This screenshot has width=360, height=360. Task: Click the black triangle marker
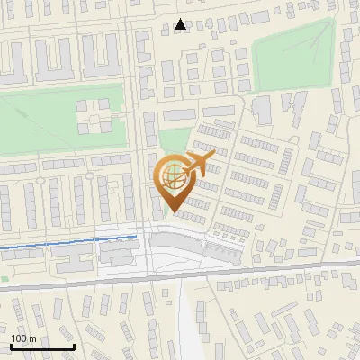click(181, 25)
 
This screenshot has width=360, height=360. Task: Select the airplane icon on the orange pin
click(199, 164)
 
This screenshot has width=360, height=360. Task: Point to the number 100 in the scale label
click(19, 338)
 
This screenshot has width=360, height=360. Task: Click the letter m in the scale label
click(32, 338)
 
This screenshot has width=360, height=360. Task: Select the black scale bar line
click(41, 347)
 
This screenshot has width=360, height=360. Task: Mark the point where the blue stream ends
click(137, 237)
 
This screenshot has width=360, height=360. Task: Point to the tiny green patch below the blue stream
click(4, 279)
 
